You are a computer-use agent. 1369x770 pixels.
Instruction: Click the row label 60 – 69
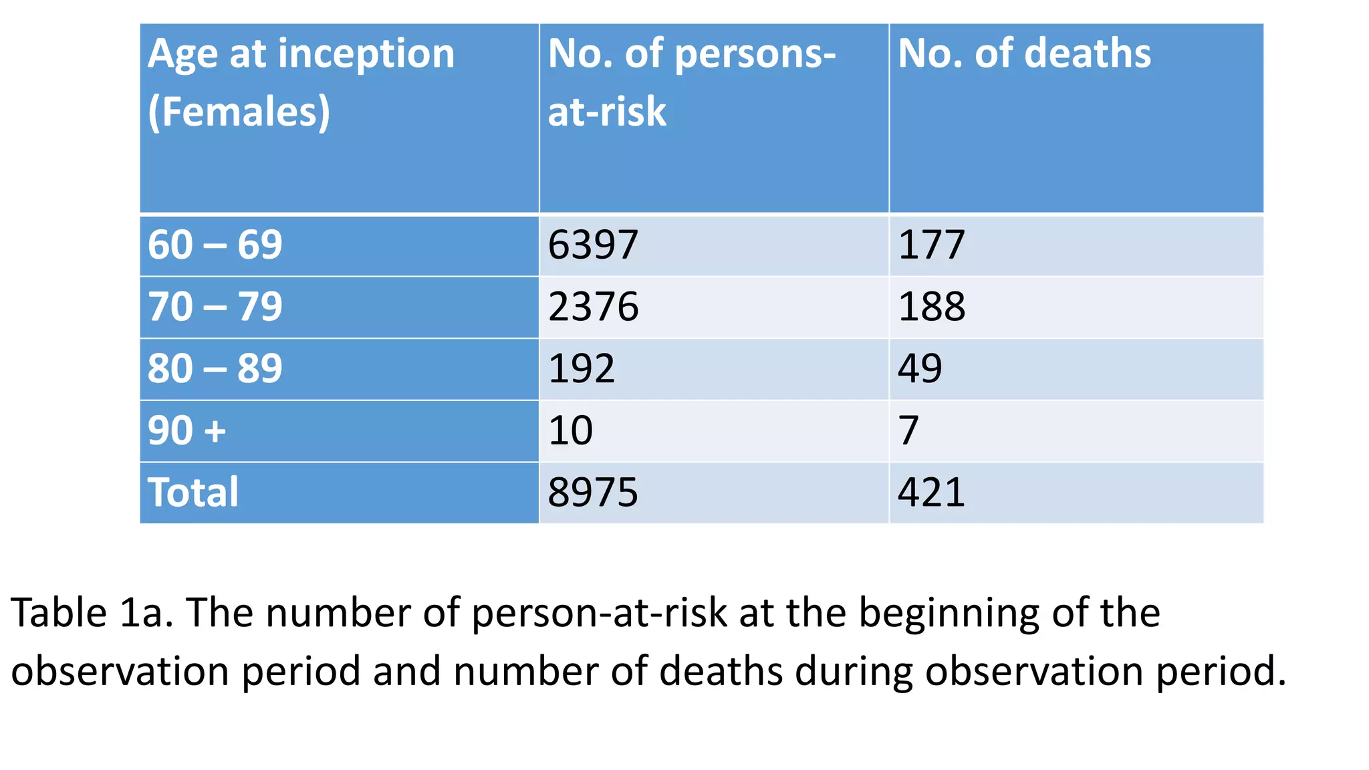pos(215,245)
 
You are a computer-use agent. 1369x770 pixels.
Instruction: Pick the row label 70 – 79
pos(215,307)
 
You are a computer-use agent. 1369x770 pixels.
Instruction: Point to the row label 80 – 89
pos(215,368)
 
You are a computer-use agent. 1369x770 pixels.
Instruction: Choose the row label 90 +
pos(187,430)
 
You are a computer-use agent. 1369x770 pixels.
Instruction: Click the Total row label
pos(193,493)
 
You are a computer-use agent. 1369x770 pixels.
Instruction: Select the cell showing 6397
pos(593,245)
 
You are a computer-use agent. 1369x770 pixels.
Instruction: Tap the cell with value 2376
pos(593,307)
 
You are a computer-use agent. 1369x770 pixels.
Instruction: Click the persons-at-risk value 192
pos(581,368)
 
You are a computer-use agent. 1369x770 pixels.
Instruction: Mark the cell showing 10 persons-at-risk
pos(570,430)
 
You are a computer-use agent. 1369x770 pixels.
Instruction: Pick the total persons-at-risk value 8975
pos(593,493)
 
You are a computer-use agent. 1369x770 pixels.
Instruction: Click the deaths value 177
pos(931,245)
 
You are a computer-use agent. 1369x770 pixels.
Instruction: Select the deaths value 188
pos(931,307)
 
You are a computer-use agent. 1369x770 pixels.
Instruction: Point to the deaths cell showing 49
pos(920,368)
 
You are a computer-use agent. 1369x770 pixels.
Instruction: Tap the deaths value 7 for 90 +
pos(908,430)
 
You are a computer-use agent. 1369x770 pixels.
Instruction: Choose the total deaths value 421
pos(931,493)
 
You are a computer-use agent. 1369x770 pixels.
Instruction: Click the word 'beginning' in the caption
pos(949,614)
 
